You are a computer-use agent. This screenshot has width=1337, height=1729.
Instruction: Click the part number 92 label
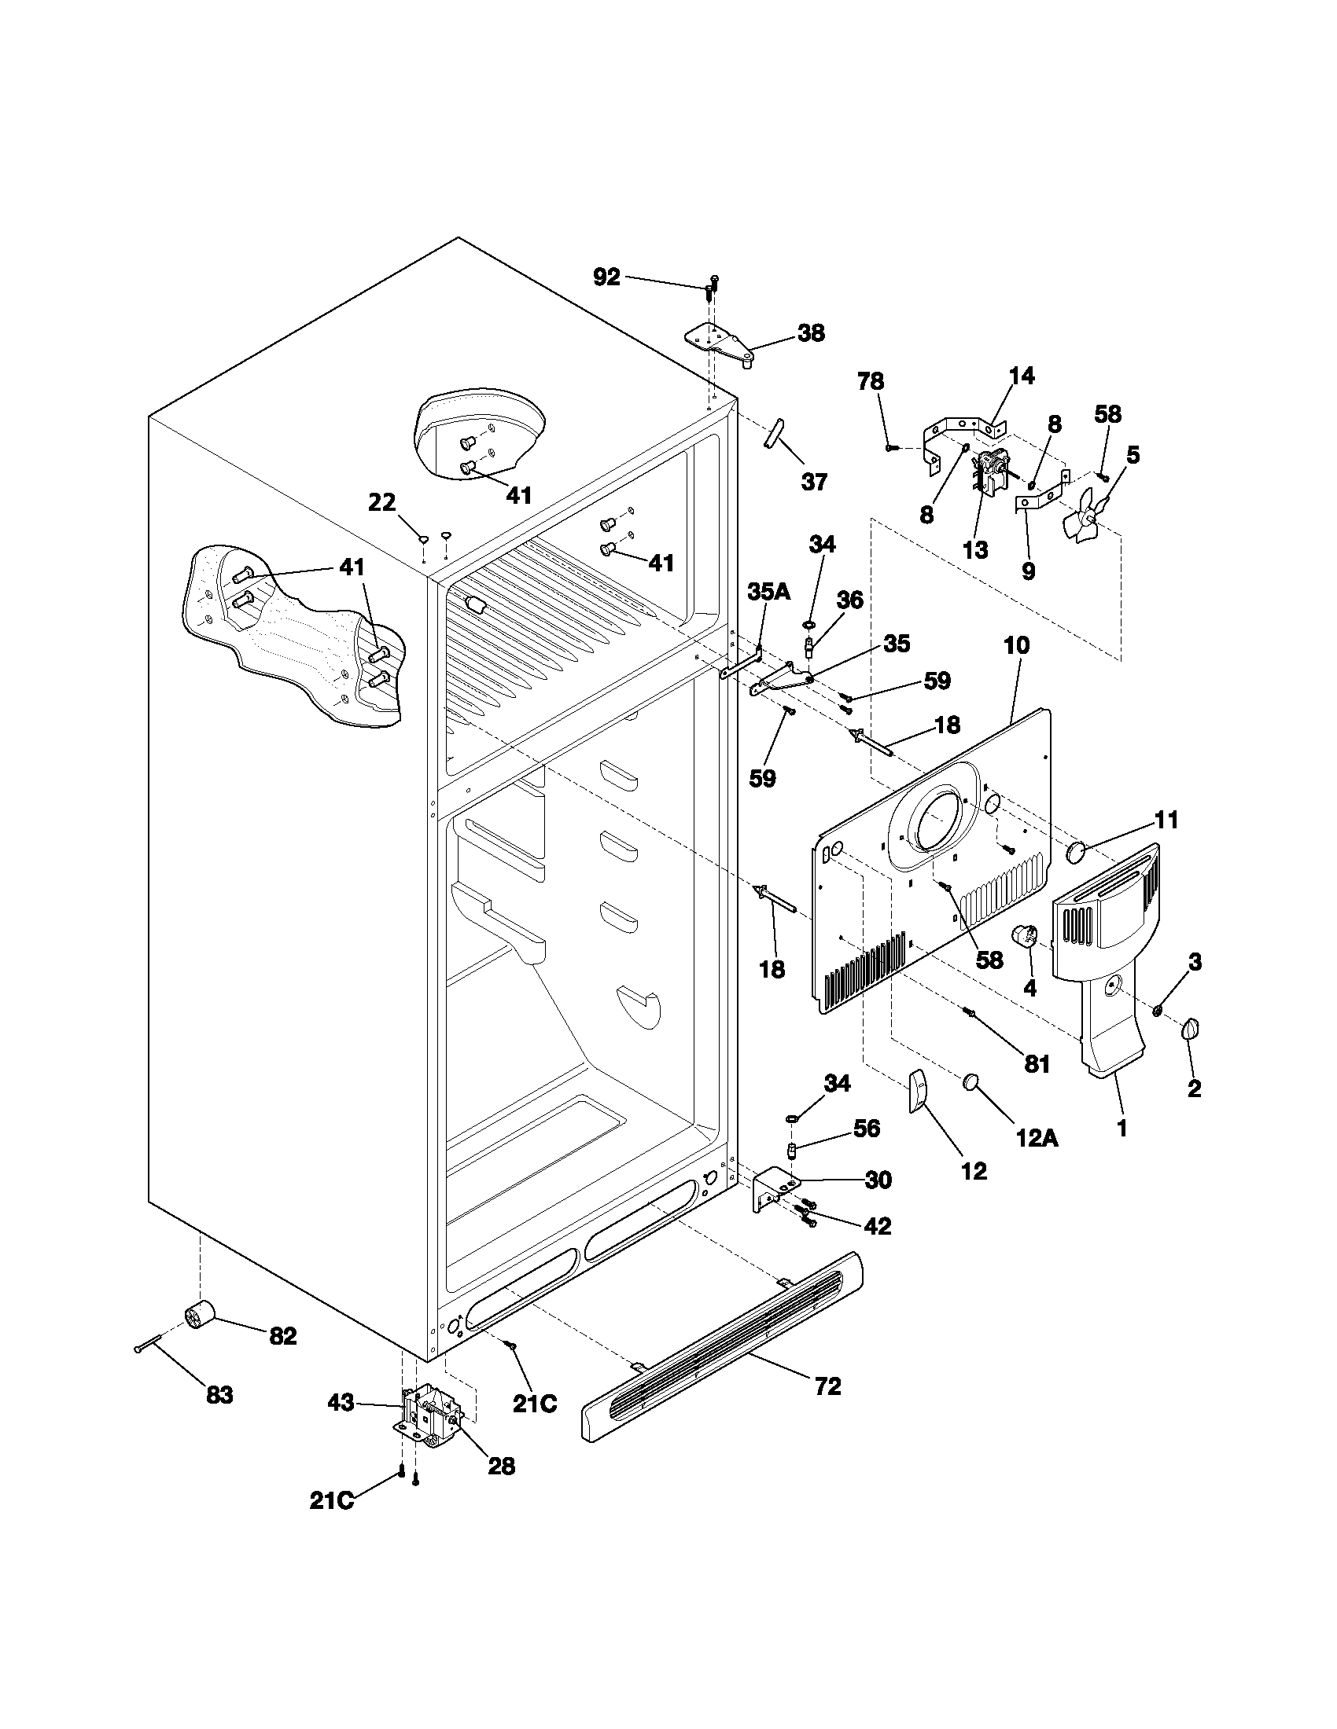pos(606,277)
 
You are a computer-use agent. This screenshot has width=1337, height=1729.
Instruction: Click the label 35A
pos(768,591)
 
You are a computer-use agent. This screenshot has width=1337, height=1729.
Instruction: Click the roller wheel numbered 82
pos(201,1316)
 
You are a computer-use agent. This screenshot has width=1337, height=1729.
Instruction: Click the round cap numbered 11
pos(1077,852)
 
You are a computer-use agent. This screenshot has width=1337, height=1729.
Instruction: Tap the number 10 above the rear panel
pos(1017,645)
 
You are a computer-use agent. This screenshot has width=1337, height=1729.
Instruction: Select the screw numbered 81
pos(971,1012)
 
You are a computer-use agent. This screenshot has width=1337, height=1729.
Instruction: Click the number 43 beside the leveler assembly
pos(342,1403)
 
